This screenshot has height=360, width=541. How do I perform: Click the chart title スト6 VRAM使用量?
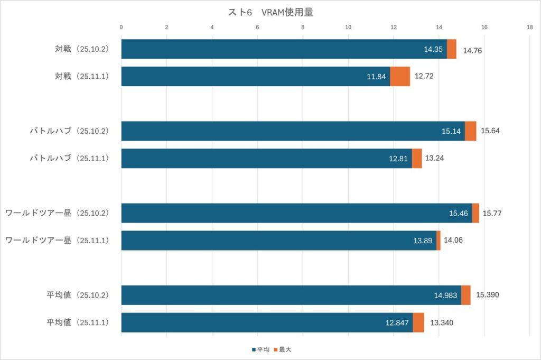270,12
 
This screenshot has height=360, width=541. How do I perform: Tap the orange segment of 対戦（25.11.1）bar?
400,76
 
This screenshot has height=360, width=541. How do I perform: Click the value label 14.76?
473,51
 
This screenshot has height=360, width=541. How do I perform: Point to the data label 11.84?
377,77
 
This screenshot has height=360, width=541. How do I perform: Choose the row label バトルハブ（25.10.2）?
69,131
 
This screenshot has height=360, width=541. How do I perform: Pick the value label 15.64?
490,131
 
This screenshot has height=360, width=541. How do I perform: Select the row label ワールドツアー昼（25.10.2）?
57,213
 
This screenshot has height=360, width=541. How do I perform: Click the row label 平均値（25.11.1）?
77,322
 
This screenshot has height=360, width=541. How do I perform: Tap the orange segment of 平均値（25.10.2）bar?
466,295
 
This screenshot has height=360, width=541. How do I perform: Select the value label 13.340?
442,322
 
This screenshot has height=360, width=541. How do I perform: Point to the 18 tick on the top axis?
529,27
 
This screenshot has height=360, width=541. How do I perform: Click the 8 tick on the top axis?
303,27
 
